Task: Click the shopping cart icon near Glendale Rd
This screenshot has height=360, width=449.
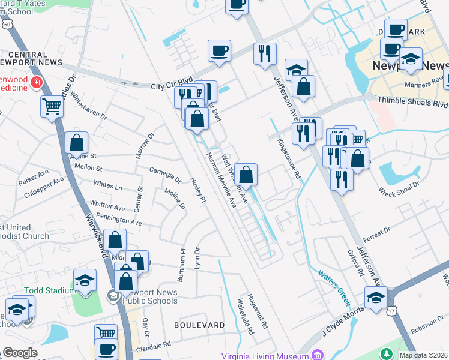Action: click(106, 332)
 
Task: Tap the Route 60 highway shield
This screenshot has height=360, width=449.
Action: click(7, 23)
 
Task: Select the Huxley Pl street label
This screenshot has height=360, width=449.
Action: click(198, 190)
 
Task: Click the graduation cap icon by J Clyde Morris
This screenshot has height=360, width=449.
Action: click(376, 296)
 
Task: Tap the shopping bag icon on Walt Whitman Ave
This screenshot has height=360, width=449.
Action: click(246, 175)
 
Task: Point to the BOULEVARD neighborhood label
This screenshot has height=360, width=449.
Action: click(199, 325)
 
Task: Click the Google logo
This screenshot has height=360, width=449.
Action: click(20, 353)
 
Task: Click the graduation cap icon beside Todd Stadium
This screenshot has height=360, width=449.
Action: click(85, 280)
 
